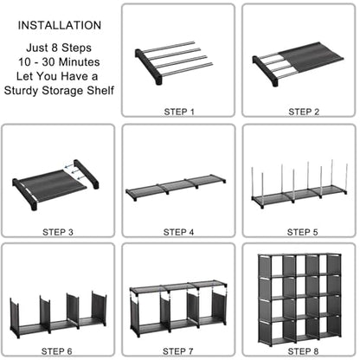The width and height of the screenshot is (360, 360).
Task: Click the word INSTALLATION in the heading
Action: point(60,25)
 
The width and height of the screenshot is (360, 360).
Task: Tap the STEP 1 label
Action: point(179,112)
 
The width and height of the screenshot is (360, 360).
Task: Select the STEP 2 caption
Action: point(304,112)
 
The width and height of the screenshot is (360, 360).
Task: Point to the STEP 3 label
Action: point(58,232)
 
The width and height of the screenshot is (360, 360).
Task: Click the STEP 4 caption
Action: point(178,232)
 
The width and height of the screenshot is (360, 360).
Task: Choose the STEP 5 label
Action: point(302,232)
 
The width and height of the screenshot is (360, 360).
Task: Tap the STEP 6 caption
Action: point(56,351)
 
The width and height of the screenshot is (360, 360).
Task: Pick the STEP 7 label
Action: point(178,351)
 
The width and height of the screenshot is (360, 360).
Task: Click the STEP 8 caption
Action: point(303,351)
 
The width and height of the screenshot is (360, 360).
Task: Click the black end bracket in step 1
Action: point(147,67)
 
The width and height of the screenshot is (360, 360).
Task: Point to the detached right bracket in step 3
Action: point(86,174)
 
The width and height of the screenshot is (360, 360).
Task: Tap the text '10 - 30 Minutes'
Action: point(59,62)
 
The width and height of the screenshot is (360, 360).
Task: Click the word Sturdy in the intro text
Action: point(21,91)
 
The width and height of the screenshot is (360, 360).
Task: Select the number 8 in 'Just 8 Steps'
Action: point(55,48)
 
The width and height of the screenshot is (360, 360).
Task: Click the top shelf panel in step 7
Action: point(177,286)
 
